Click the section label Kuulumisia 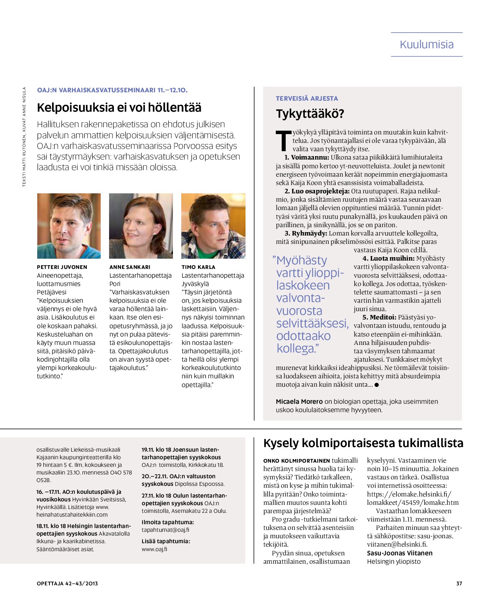[x=426, y=44]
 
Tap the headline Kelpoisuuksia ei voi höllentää [x=119, y=107]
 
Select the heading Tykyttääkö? [x=310, y=114]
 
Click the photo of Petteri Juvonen [x=69, y=226]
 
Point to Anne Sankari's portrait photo [x=141, y=226]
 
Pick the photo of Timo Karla [x=213, y=226]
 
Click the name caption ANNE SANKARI [x=130, y=267]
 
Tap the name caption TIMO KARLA [x=198, y=267]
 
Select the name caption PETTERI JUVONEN [x=62, y=267]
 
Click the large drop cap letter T [x=284, y=141]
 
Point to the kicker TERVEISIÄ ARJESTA [x=307, y=98]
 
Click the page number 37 [x=459, y=583]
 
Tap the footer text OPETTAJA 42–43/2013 [x=67, y=583]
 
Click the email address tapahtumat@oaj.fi [x=165, y=530]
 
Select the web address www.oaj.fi [x=154, y=549]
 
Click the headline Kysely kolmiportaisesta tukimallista [x=363, y=443]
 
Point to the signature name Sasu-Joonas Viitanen [x=399, y=553]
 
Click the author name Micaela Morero [x=299, y=402]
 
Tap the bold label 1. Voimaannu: [x=307, y=157]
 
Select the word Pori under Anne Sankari [x=115, y=284]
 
